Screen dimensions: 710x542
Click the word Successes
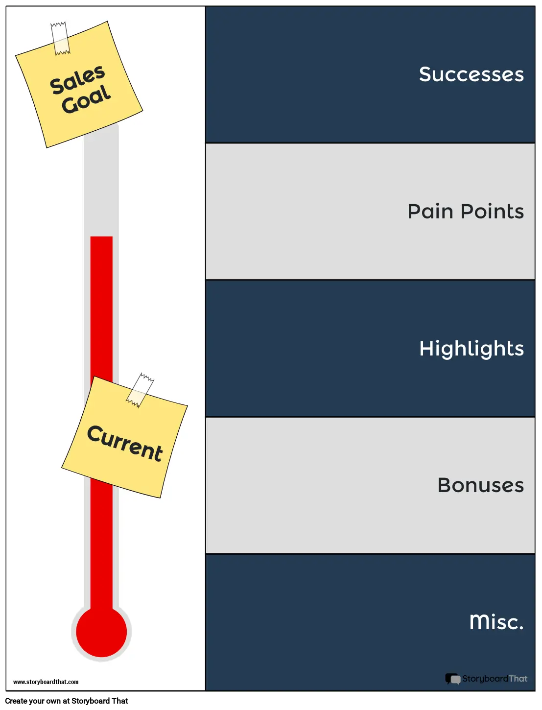click(x=471, y=74)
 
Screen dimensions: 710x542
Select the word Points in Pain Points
click(x=492, y=212)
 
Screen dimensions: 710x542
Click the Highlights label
click(x=471, y=349)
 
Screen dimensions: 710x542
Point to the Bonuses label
click(x=480, y=485)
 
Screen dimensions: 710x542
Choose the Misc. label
click(x=496, y=622)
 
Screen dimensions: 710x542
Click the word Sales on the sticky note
click(x=77, y=80)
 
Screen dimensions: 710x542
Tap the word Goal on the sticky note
click(x=86, y=99)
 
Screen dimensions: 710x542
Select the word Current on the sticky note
click(x=125, y=443)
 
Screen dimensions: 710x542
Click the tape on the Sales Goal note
click(x=61, y=38)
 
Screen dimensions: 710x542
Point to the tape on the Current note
click(x=140, y=390)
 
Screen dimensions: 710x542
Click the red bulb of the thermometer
click(x=101, y=632)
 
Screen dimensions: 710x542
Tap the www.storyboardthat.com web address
click(x=46, y=682)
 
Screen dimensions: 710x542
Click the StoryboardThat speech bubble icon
click(x=452, y=679)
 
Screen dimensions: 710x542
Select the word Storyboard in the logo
click(x=485, y=679)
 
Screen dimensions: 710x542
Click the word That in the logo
click(x=518, y=679)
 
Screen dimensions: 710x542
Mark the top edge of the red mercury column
click(x=101, y=237)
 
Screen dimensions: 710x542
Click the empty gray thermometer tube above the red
click(x=101, y=186)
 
